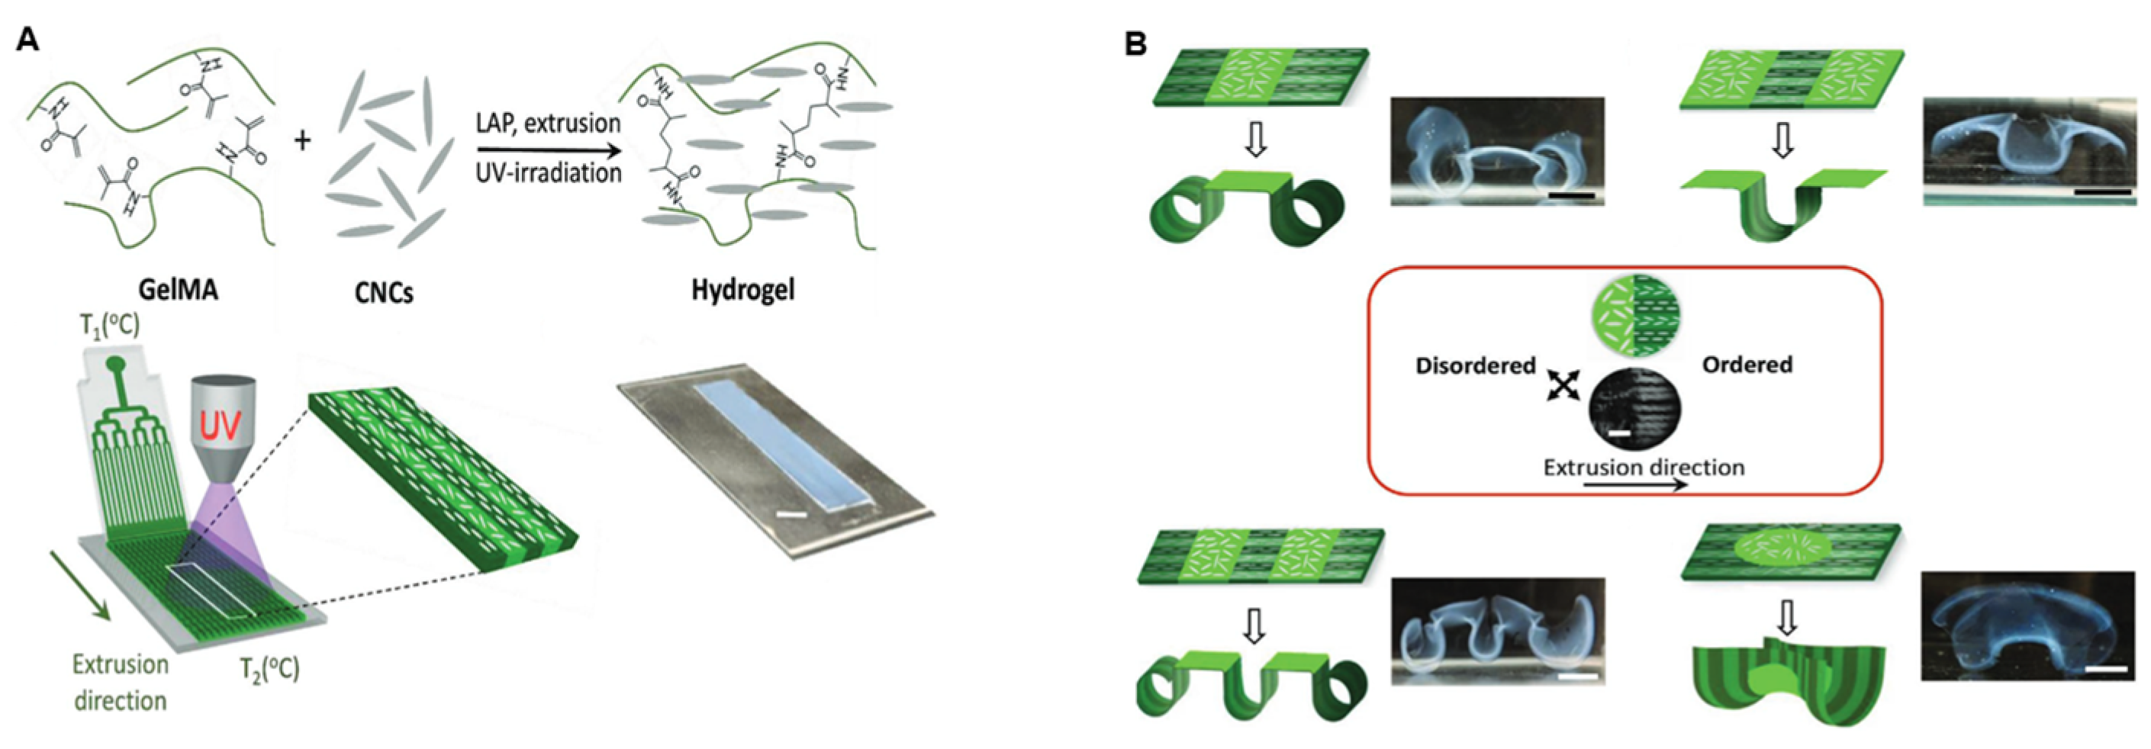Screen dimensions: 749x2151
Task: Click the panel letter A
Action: pyautogui.click(x=27, y=39)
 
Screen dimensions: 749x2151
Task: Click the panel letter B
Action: pyautogui.click(x=1135, y=43)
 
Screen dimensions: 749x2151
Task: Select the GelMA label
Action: pyautogui.click(x=178, y=289)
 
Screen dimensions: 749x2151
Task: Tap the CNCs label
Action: pyautogui.click(x=383, y=292)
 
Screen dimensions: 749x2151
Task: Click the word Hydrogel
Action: pyautogui.click(x=742, y=290)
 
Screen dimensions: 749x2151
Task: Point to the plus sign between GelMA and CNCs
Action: pyautogui.click(x=301, y=140)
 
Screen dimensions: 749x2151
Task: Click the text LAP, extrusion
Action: pyautogui.click(x=548, y=124)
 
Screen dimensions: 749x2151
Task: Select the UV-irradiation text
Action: pyautogui.click(x=548, y=173)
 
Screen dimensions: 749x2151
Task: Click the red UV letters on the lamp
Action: pyautogui.click(x=221, y=426)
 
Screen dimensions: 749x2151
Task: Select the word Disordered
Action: pyautogui.click(x=1475, y=366)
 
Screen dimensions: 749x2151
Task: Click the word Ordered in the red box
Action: pyautogui.click(x=1747, y=365)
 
